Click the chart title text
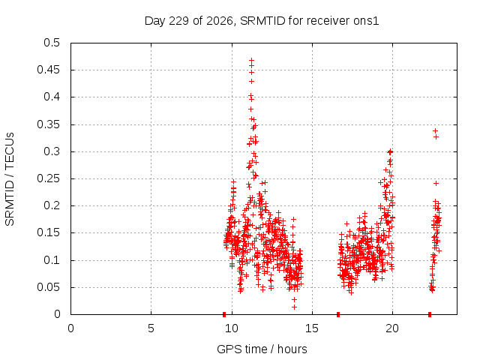coord(262,21)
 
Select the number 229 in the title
coord(179,21)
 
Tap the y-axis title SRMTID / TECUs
coord(10,179)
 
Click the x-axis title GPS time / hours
coord(262,349)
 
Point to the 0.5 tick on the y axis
coord(52,43)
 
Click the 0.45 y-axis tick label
coord(48,70)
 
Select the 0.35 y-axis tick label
coord(48,124)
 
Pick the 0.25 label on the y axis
coord(48,178)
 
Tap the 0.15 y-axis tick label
coord(48,232)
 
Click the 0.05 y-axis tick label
coord(48,287)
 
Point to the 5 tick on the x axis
coord(151,328)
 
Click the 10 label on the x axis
coord(232,328)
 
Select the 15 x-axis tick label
coord(312,328)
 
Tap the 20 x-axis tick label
coord(392,328)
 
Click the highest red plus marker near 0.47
coord(252,60)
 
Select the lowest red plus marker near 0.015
coord(294,307)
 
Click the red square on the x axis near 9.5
coord(224,314)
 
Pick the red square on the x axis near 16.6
coord(338,314)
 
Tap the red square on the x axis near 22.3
coord(430,314)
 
